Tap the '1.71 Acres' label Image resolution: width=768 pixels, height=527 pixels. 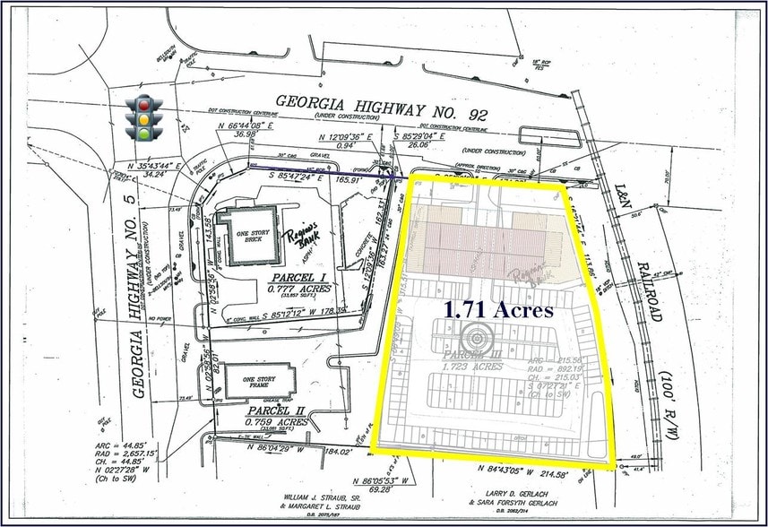click(x=499, y=309)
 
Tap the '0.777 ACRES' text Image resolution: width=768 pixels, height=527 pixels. click(x=301, y=289)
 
